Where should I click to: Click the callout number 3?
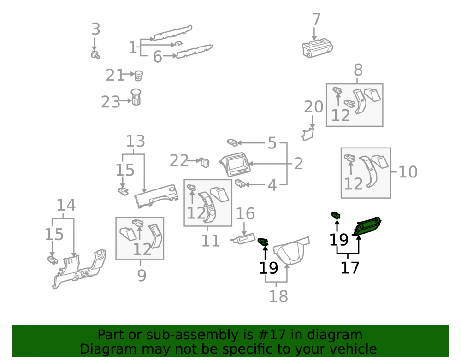tap(96, 29)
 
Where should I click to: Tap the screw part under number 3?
tap(95, 55)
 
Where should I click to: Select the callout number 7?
tap(316, 19)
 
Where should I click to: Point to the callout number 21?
tap(115, 75)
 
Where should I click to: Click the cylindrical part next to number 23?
tap(136, 97)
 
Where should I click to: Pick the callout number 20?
tap(313, 106)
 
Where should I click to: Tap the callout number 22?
tap(179, 160)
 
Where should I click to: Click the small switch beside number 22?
tap(205, 163)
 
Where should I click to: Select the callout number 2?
tap(298, 163)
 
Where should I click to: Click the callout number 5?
tap(272, 143)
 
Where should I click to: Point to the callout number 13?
tap(136, 141)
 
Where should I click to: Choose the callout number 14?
tap(66, 205)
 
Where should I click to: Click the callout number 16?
tap(245, 213)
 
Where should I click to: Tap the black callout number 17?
tap(350, 268)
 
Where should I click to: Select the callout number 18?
tap(278, 296)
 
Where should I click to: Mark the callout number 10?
tap(408, 172)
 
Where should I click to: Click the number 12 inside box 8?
tap(341, 116)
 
